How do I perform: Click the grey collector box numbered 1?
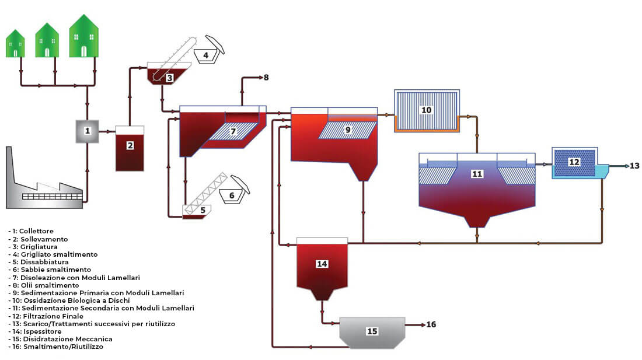point(87,131)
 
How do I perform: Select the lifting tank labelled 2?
point(130,149)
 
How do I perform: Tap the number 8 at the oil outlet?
point(266,78)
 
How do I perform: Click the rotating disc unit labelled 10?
point(427,111)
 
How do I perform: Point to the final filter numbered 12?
point(574,163)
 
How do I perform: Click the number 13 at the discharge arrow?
point(634,166)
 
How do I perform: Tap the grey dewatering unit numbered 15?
point(372,333)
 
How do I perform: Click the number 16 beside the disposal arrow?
point(431,324)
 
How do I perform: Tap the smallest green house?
point(15,44)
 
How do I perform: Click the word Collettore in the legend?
point(36,231)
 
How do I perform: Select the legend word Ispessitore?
point(43,331)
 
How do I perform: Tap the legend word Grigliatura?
point(39,247)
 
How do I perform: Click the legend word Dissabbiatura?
point(44,262)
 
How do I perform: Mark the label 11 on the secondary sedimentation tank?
point(477,174)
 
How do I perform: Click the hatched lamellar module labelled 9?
point(348,130)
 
